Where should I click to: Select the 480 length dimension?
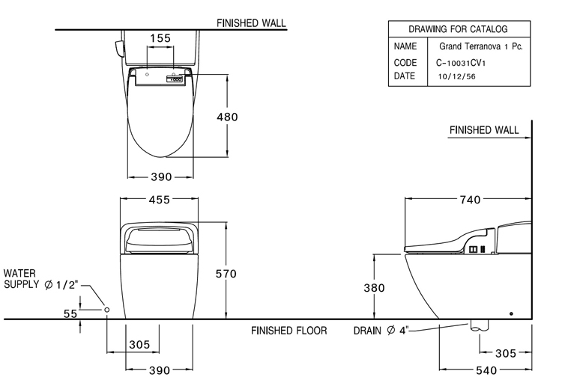[x=226, y=117]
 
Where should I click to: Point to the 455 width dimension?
[x=160, y=200]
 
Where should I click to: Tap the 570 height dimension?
[x=226, y=275]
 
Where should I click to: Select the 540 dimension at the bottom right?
[x=487, y=370]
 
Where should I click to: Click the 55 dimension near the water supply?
[x=70, y=314]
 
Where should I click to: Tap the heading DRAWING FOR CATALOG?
[x=458, y=29]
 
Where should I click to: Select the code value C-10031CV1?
[x=465, y=64]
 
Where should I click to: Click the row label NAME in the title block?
[x=405, y=46]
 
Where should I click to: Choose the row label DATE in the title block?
[x=405, y=76]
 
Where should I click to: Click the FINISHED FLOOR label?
[x=288, y=330]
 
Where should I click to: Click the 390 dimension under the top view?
[x=160, y=177]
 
